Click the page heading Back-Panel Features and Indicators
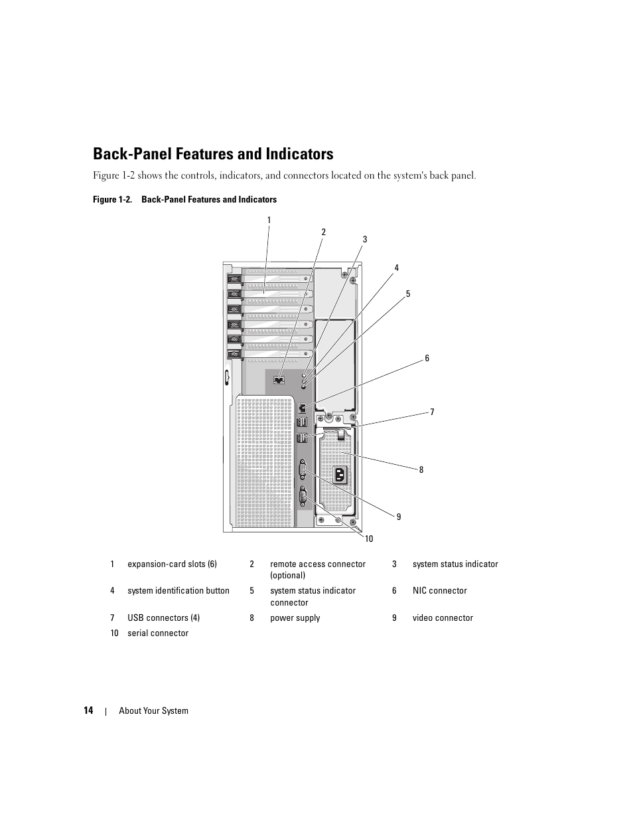coord(213,154)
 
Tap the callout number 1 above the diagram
coord(269,220)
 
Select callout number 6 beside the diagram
coord(427,359)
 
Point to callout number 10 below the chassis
coord(369,538)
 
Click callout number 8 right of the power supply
coord(421,469)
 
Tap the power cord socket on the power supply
coord(340,474)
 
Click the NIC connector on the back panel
coord(303,407)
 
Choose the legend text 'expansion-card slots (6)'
coord(172,564)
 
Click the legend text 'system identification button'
coord(178,591)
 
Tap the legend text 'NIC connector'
coord(439,591)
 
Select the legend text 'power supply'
coord(295,618)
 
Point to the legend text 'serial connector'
coord(158,633)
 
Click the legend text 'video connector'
coord(443,618)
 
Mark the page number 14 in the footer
coord(88,710)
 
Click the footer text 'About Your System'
coord(153,710)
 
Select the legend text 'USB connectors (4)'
coord(163,618)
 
